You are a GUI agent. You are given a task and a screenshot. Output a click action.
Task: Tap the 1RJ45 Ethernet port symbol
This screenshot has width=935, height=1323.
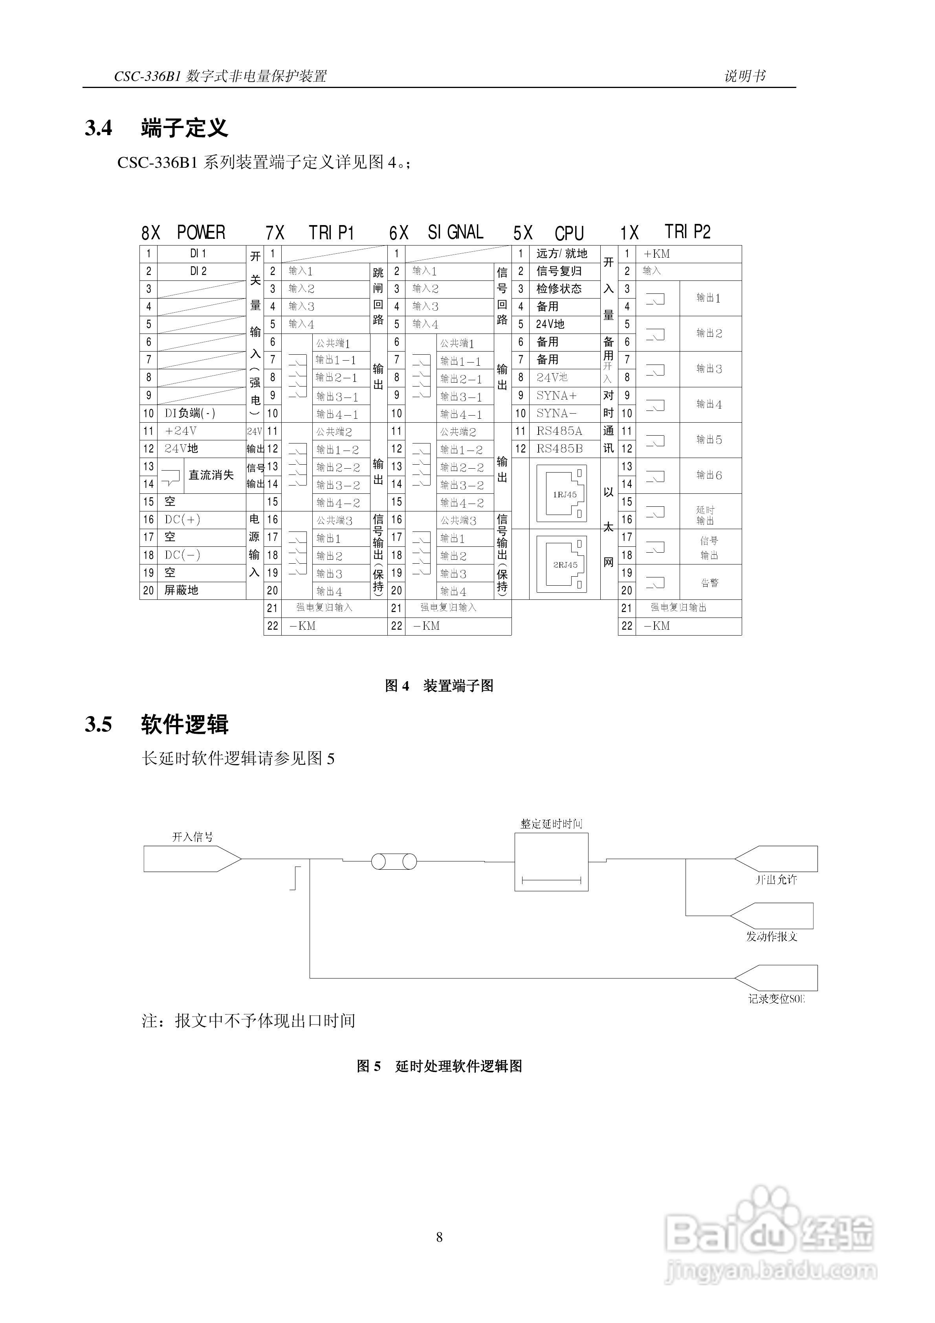[561, 493]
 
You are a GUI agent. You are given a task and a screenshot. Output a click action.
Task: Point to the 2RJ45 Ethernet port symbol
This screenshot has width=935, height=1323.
[561, 564]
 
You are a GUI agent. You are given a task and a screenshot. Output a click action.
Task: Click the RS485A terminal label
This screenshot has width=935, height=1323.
[559, 431]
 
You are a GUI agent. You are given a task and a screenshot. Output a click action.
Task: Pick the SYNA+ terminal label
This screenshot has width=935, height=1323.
[556, 395]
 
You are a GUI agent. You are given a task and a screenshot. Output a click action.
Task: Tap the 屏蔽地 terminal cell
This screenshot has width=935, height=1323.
[181, 590]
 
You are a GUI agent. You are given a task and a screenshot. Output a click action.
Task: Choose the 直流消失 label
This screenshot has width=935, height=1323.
[211, 475]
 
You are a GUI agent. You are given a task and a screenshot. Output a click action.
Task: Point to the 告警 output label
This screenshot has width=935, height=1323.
[709, 582]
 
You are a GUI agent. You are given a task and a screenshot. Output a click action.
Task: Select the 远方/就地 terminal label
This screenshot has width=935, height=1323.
[561, 253]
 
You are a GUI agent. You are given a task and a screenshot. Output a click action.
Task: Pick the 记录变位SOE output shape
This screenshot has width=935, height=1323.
[776, 978]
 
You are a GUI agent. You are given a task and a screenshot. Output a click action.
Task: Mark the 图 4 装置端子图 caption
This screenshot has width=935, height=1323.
[439, 685]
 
